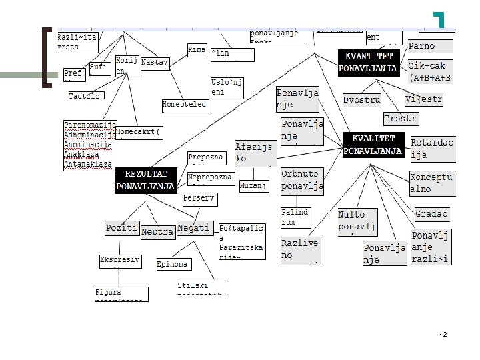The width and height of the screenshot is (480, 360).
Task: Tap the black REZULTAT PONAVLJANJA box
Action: tap(146, 181)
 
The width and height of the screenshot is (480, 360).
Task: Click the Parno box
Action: tap(430, 46)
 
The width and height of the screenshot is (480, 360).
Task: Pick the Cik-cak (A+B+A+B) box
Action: tap(430, 72)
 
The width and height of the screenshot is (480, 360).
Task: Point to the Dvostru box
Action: tap(361, 100)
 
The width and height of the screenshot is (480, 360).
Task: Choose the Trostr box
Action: tap(400, 119)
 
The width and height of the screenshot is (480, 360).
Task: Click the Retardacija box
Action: tap(433, 149)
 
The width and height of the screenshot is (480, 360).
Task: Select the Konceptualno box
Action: tap(431, 183)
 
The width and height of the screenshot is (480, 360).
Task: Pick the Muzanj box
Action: tap(254, 185)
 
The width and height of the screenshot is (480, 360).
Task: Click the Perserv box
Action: tap(199, 199)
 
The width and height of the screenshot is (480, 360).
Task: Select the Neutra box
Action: tap(157, 232)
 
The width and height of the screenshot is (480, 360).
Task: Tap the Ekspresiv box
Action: tap(119, 260)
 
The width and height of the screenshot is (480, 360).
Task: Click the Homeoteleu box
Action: tap(185, 105)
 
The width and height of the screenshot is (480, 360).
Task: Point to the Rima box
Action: tap(197, 50)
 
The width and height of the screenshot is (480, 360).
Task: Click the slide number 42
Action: tap(443, 334)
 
